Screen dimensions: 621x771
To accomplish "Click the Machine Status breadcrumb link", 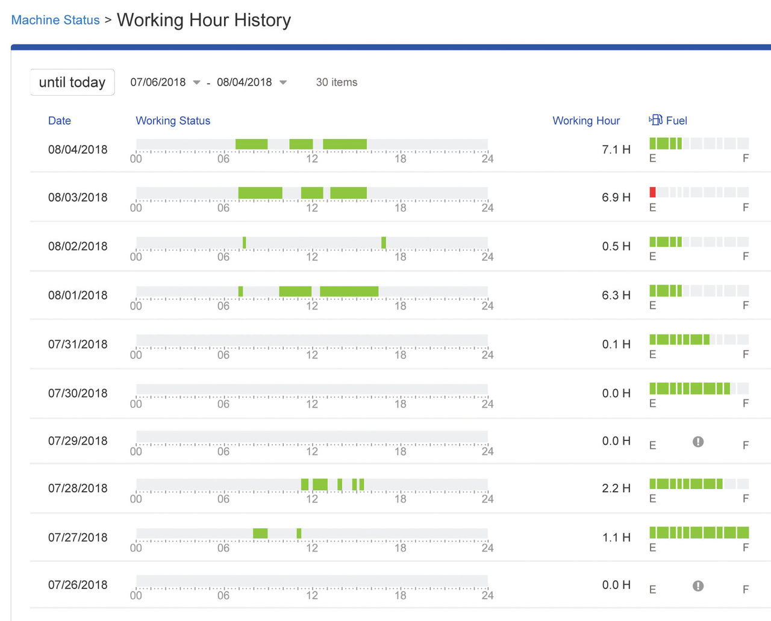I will click(55, 20).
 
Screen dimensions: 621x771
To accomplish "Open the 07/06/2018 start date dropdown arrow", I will click(196, 83).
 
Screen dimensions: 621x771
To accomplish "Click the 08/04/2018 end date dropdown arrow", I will click(283, 83).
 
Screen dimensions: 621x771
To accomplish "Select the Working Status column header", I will click(173, 120).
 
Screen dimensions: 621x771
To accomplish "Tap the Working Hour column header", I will click(586, 120).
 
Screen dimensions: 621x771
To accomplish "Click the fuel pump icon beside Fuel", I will click(655, 120).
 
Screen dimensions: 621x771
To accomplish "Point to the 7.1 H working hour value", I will click(616, 149).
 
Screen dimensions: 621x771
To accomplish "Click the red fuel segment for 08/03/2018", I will click(652, 192).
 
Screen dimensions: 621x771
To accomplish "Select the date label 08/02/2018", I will click(78, 246).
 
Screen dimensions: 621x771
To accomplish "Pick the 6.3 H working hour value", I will click(616, 295).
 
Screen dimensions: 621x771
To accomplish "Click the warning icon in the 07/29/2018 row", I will click(698, 442).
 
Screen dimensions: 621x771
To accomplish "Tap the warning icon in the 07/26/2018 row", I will click(698, 585).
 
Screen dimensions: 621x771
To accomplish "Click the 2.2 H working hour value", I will click(616, 488).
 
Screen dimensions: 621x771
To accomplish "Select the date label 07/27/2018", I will click(78, 537).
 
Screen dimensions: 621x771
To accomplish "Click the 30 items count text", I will click(337, 83).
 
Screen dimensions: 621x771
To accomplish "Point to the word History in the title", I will click(263, 20).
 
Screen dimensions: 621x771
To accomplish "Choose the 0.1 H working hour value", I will click(616, 345).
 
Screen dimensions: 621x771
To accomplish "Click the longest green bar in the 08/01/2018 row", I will click(349, 292).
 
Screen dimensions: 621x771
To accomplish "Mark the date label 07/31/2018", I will click(78, 345).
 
